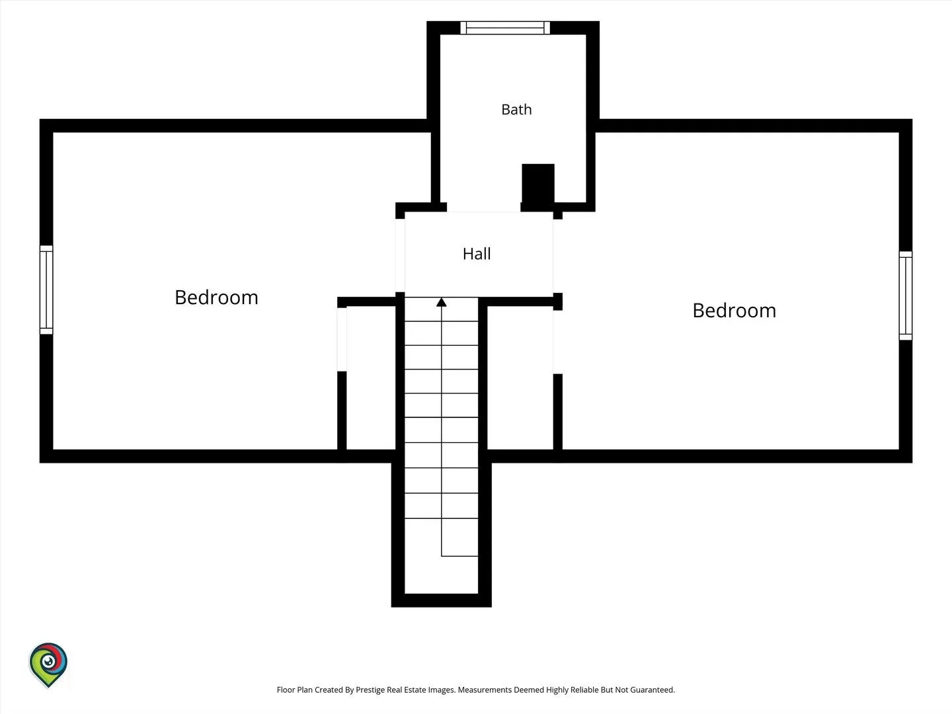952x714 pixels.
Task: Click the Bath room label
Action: pyautogui.click(x=516, y=109)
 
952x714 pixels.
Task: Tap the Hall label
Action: pyautogui.click(x=477, y=254)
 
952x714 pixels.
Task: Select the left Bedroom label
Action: pyautogui.click(x=216, y=297)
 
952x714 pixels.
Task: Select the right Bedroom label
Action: pyautogui.click(x=734, y=311)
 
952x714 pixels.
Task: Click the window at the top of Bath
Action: pyautogui.click(x=505, y=28)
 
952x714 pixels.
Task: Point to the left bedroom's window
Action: pyautogui.click(x=46, y=290)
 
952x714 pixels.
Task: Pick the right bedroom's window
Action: pyautogui.click(x=906, y=296)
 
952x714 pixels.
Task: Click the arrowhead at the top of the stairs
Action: pyautogui.click(x=442, y=302)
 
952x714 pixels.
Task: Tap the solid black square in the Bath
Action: pyautogui.click(x=537, y=184)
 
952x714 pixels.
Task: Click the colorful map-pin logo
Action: pyautogui.click(x=48, y=665)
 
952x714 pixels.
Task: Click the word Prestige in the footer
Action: pyautogui.click(x=370, y=690)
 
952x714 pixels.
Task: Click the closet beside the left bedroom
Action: pyautogui.click(x=371, y=377)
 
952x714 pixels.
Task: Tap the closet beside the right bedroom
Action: pyautogui.click(x=520, y=377)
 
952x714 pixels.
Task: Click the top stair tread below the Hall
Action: pyautogui.click(x=442, y=309)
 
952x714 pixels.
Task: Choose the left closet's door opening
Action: pyautogui.click(x=342, y=339)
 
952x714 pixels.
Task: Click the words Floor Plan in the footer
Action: pyautogui.click(x=294, y=690)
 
